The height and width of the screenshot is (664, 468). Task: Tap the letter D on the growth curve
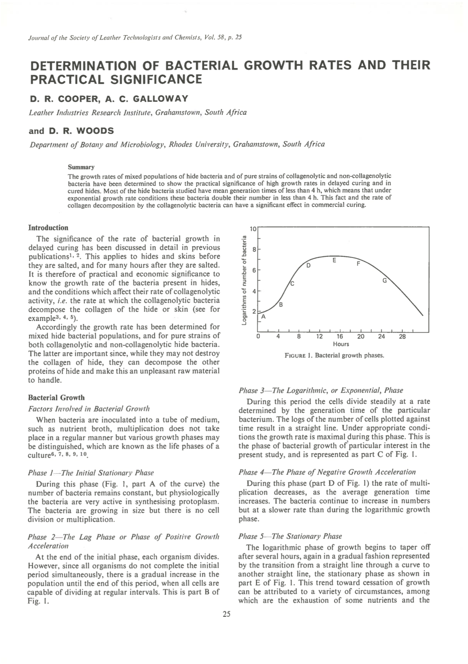coord(308,266)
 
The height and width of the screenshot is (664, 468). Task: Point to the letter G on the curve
coord(384,281)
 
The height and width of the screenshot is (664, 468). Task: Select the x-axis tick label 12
coord(319,337)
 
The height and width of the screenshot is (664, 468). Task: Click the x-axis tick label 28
coord(402,337)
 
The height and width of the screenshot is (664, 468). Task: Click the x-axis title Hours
coord(341,344)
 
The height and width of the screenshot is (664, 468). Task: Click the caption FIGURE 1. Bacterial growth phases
coord(334,355)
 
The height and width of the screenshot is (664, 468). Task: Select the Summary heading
coord(81,167)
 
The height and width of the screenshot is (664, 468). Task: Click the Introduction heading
coord(48,228)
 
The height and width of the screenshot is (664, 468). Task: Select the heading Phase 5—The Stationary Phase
coord(290,536)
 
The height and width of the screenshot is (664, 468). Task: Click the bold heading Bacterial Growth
coord(56,398)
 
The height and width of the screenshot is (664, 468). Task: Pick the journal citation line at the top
coord(135,38)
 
